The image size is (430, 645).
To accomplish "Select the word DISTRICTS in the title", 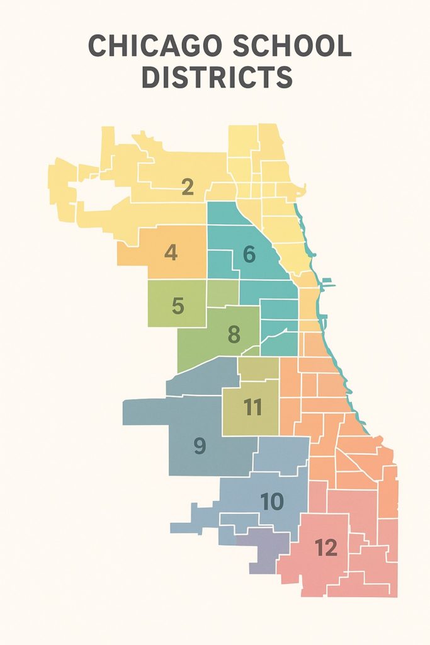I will pos(216,77).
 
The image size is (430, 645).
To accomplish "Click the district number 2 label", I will pos(187,187).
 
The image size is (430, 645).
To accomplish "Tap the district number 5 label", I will pos(178,306).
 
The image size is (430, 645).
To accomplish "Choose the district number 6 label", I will pos(249,255).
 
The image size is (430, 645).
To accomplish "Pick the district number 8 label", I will pos(234,334).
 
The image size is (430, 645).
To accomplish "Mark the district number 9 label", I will pos(199,446).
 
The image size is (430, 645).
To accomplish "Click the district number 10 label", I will pos(272,502).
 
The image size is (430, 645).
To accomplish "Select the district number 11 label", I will pos(252,408).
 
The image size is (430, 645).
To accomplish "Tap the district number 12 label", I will pos(326,548).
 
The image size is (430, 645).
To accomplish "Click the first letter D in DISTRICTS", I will pos(151,77).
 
